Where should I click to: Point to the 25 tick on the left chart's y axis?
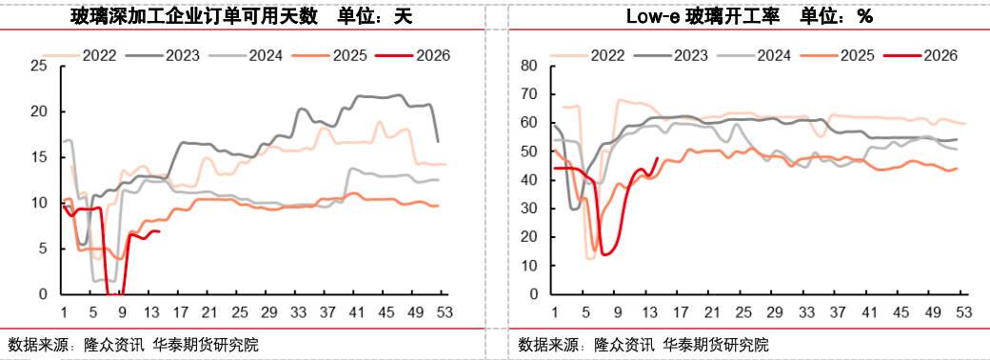pyautogui.click(x=39, y=66)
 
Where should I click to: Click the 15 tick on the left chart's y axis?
pyautogui.click(x=39, y=157)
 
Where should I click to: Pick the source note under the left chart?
pyautogui.click(x=133, y=344)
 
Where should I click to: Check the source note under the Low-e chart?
pyautogui.click(x=643, y=344)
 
